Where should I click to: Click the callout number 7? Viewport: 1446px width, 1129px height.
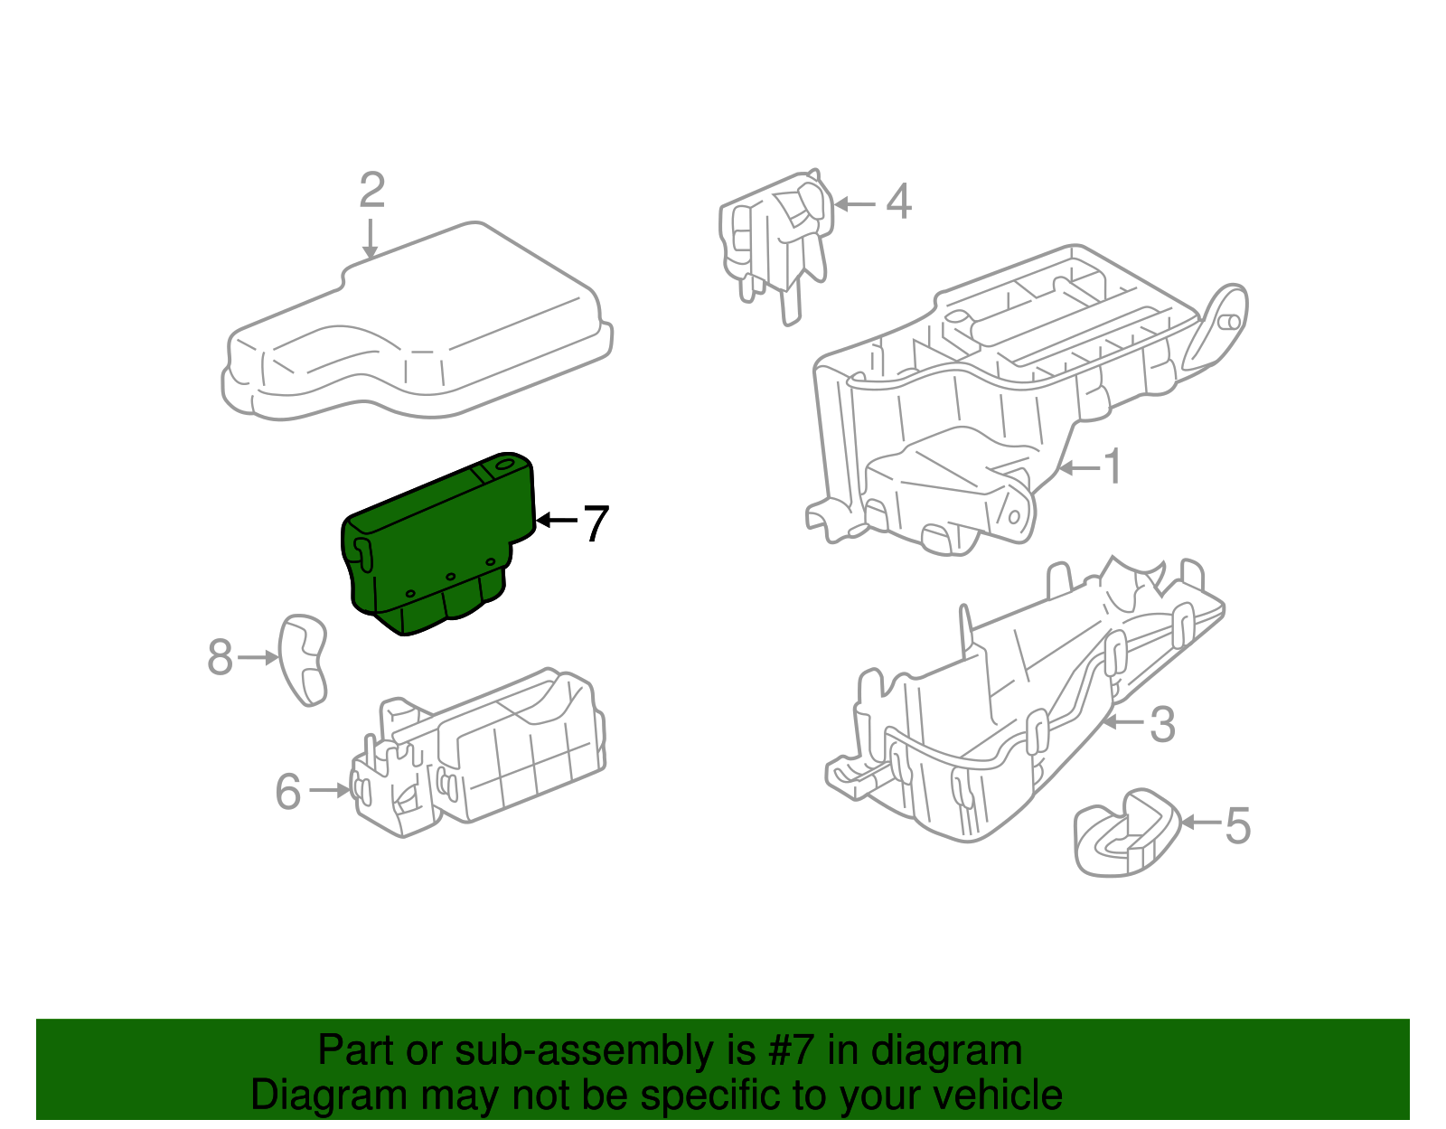(595, 523)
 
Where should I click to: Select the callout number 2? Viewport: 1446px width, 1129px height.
(371, 191)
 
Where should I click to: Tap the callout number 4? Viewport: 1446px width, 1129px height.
(897, 202)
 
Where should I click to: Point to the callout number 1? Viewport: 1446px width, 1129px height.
(1113, 466)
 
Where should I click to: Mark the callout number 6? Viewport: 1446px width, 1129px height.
(288, 792)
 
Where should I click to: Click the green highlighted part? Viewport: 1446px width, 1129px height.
(434, 542)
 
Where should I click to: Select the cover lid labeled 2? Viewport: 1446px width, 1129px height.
(416, 325)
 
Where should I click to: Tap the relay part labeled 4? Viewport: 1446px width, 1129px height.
(777, 235)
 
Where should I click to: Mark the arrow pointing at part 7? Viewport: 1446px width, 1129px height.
(555, 520)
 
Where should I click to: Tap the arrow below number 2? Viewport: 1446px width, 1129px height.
(370, 240)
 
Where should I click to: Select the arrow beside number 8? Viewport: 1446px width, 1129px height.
(258, 658)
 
